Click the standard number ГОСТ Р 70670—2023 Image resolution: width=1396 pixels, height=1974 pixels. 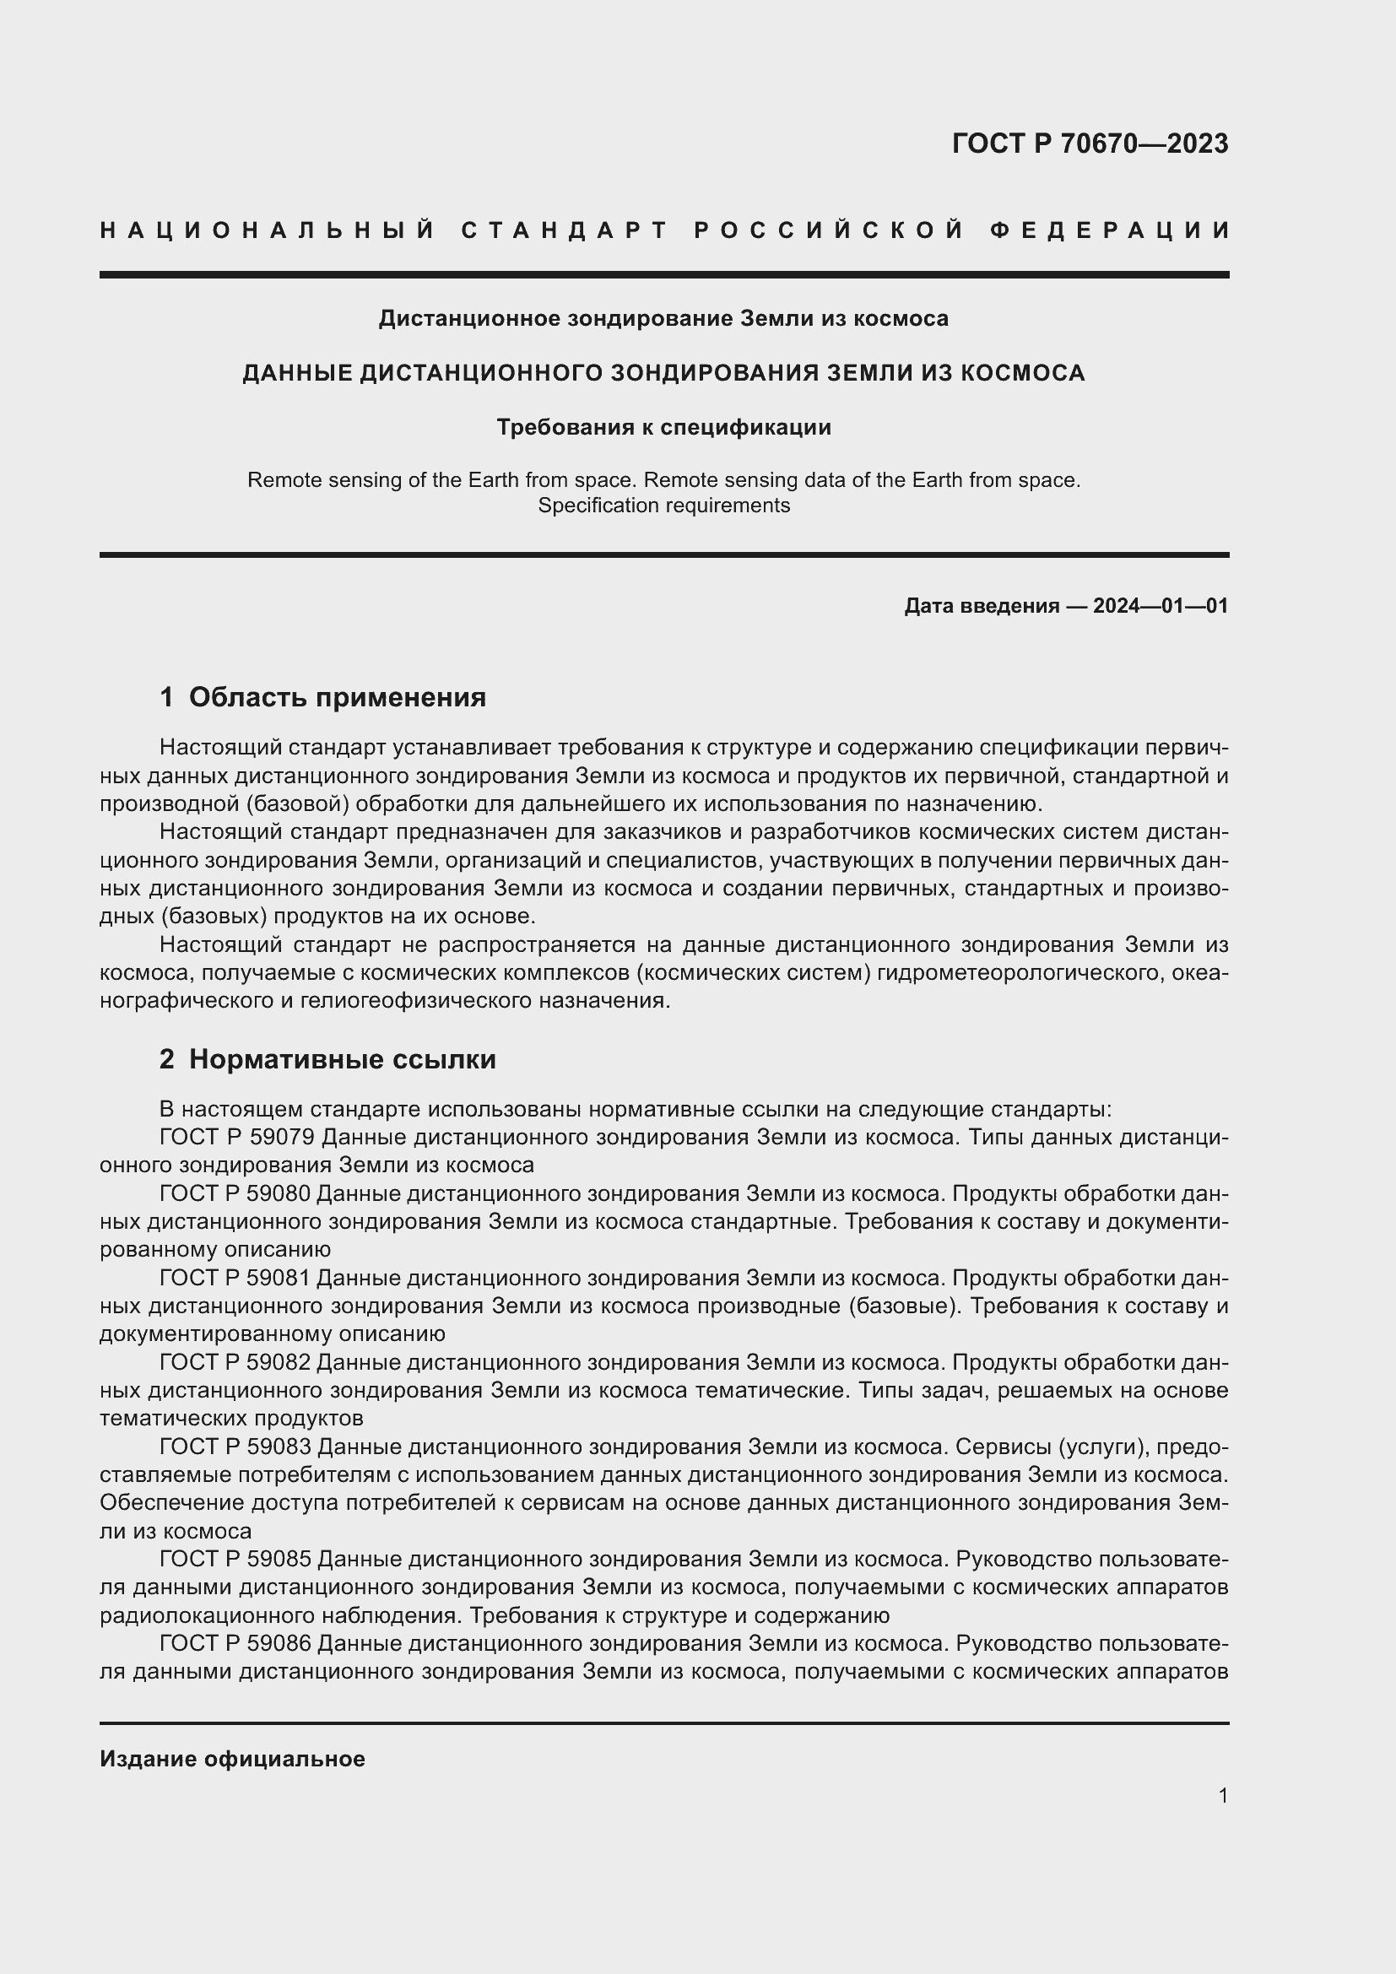coord(1090,143)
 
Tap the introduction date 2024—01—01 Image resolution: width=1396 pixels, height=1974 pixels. coord(1160,606)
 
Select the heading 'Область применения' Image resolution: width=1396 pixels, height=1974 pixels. coord(337,697)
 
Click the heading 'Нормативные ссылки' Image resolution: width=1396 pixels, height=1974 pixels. coord(342,1059)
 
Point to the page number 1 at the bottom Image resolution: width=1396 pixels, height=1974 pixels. coord(1223,1796)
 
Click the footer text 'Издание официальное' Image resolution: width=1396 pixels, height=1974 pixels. coord(232,1759)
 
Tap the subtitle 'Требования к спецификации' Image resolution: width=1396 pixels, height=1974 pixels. coord(663,427)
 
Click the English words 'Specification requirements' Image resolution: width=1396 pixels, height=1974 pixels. coord(663,506)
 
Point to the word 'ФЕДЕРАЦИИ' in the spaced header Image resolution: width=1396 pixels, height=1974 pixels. coord(1110,230)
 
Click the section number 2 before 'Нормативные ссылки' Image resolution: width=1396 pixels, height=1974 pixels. coord(167,1059)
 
